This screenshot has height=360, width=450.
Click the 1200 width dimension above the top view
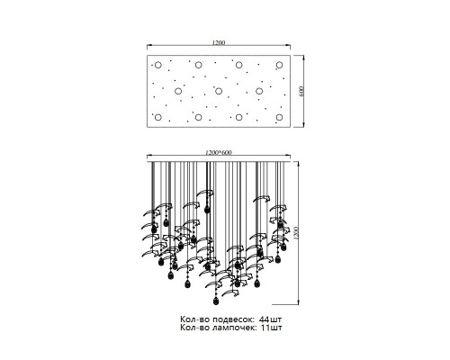(x=219, y=42)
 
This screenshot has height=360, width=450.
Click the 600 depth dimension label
(x=301, y=91)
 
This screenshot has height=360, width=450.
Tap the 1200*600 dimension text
(x=219, y=152)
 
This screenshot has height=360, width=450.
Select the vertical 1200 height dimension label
(x=296, y=233)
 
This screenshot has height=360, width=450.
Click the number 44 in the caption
(x=265, y=319)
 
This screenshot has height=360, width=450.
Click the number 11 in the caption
(x=265, y=328)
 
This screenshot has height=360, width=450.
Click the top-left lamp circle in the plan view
(x=158, y=65)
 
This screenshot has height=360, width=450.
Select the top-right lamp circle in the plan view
(x=279, y=65)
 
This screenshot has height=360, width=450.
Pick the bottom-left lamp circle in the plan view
(x=158, y=117)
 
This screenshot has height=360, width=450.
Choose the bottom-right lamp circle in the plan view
(x=279, y=117)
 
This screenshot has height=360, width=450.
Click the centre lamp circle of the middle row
(x=219, y=91)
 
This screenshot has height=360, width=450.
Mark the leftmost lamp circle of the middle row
(x=178, y=91)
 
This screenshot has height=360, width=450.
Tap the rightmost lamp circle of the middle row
(x=259, y=91)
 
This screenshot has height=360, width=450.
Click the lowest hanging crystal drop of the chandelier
(x=215, y=301)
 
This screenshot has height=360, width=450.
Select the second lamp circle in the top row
(x=198, y=65)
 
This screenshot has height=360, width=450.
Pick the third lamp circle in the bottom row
(x=238, y=117)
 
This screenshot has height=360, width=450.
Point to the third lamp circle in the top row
(x=238, y=65)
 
